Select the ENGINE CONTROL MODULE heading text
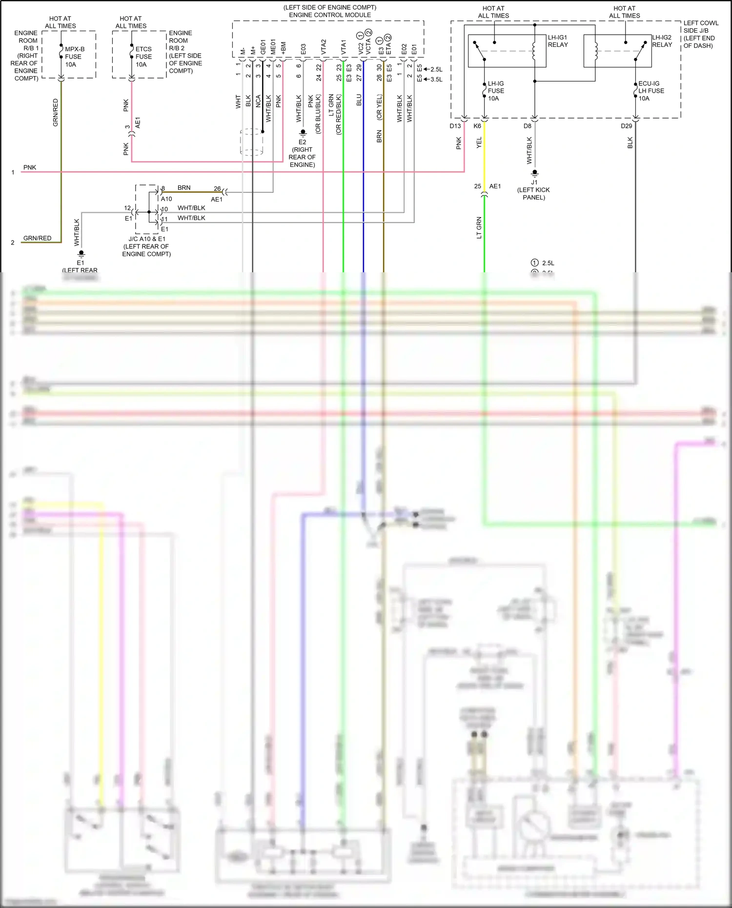click(330, 15)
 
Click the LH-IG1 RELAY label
click(558, 41)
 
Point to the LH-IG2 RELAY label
click(662, 41)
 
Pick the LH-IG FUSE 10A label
click(496, 91)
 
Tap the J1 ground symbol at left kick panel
click(534, 173)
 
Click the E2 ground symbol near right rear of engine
click(303, 132)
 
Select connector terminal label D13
click(455, 126)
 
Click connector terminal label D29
click(626, 126)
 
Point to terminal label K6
click(477, 126)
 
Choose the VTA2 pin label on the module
click(323, 46)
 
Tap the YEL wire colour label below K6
click(479, 142)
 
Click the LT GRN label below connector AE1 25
click(479, 227)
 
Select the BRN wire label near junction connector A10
click(184, 188)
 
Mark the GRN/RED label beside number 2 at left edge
click(37, 238)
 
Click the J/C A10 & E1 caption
click(146, 239)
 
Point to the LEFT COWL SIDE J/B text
click(700, 27)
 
